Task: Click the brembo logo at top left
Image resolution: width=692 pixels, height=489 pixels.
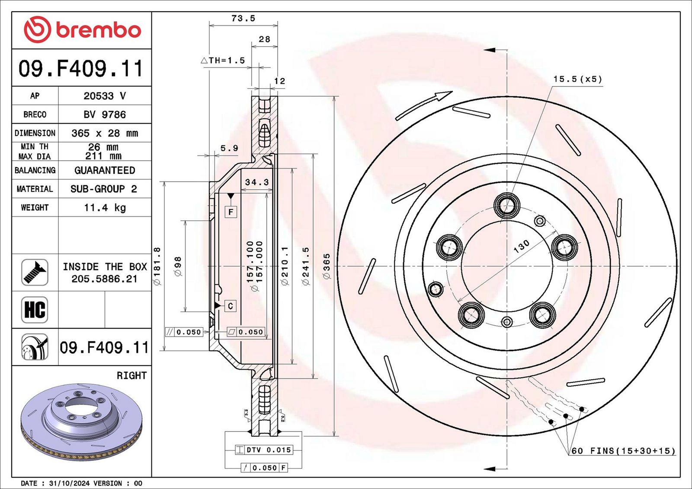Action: tap(82, 30)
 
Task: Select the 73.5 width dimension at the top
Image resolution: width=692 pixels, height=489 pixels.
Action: tap(243, 18)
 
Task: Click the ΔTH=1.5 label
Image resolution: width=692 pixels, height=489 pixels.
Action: tap(223, 60)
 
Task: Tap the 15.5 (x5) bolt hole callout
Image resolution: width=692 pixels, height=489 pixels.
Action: tap(577, 79)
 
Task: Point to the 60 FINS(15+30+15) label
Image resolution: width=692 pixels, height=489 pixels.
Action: tap(623, 451)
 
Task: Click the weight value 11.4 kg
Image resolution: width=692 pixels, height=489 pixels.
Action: tap(105, 208)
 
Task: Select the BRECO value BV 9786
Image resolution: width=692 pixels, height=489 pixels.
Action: tap(105, 114)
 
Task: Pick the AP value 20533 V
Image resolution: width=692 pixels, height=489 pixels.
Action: tap(105, 96)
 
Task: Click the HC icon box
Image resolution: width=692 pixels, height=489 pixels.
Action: tap(35, 310)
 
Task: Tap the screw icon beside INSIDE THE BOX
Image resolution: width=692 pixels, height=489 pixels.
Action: tap(35, 272)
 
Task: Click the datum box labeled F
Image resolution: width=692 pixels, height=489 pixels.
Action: tap(231, 212)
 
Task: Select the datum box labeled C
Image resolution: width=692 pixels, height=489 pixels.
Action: tap(230, 306)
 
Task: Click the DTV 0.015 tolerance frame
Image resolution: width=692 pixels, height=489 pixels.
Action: tap(264, 450)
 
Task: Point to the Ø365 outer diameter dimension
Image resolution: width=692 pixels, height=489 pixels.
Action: tap(327, 266)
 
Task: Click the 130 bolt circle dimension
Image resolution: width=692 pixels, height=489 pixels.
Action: tap(521, 246)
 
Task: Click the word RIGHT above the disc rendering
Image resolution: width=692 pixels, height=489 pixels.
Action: tap(131, 375)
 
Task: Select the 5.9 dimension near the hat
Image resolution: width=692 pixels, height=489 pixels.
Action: tap(229, 148)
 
